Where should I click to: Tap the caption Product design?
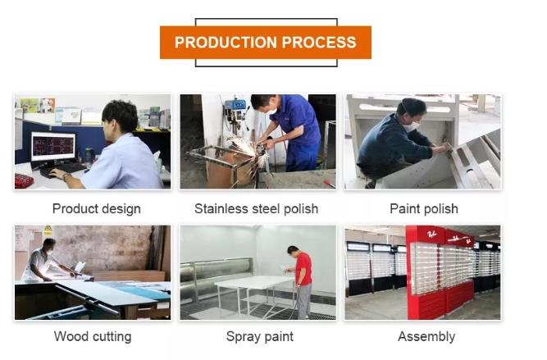coord(96,209)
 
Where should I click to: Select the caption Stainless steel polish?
coord(256,209)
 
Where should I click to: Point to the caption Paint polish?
coord(423,209)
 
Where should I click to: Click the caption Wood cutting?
coord(93,336)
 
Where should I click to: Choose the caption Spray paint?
coord(259,336)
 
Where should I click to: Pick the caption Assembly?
coord(426,336)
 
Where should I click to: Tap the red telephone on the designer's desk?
coord(24,180)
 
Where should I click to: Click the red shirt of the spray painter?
coord(303,268)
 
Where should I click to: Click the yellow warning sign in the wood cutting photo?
coord(48,232)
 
